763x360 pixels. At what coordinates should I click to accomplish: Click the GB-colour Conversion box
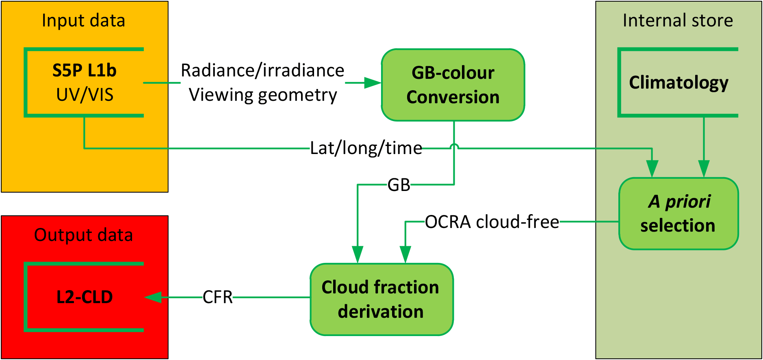pyautogui.click(x=453, y=85)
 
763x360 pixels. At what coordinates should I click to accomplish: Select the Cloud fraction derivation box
pyautogui.click(x=381, y=299)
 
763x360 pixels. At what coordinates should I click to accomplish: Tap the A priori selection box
pyautogui.click(x=678, y=213)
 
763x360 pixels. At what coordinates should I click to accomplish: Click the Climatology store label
pyautogui.click(x=678, y=82)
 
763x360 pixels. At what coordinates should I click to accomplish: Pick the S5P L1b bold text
pyautogui.click(x=85, y=71)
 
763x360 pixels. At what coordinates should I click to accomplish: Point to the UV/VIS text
pyautogui.click(x=85, y=95)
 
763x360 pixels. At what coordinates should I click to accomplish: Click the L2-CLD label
pyautogui.click(x=85, y=297)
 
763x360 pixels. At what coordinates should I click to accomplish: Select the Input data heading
pyautogui.click(x=83, y=21)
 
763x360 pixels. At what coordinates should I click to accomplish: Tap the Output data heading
pyautogui.click(x=83, y=235)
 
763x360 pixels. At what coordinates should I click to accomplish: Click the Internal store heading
pyautogui.click(x=678, y=21)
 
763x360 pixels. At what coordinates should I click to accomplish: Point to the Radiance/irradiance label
pyautogui.click(x=262, y=71)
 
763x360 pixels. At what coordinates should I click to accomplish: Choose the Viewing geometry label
pyautogui.click(x=263, y=95)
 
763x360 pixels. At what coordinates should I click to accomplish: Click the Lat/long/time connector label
pyautogui.click(x=366, y=148)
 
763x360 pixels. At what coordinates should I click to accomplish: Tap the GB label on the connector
pyautogui.click(x=399, y=185)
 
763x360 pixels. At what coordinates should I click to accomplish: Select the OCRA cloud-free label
pyautogui.click(x=492, y=222)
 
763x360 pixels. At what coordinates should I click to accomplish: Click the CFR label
pyautogui.click(x=218, y=297)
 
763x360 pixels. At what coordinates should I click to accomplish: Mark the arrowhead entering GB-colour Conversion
pyautogui.click(x=373, y=83)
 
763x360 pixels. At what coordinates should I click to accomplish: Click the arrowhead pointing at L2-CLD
pyautogui.click(x=153, y=297)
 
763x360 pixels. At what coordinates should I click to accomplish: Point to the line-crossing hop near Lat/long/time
pyautogui.click(x=454, y=147)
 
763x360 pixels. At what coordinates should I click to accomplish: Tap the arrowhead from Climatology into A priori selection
pyautogui.click(x=704, y=168)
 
